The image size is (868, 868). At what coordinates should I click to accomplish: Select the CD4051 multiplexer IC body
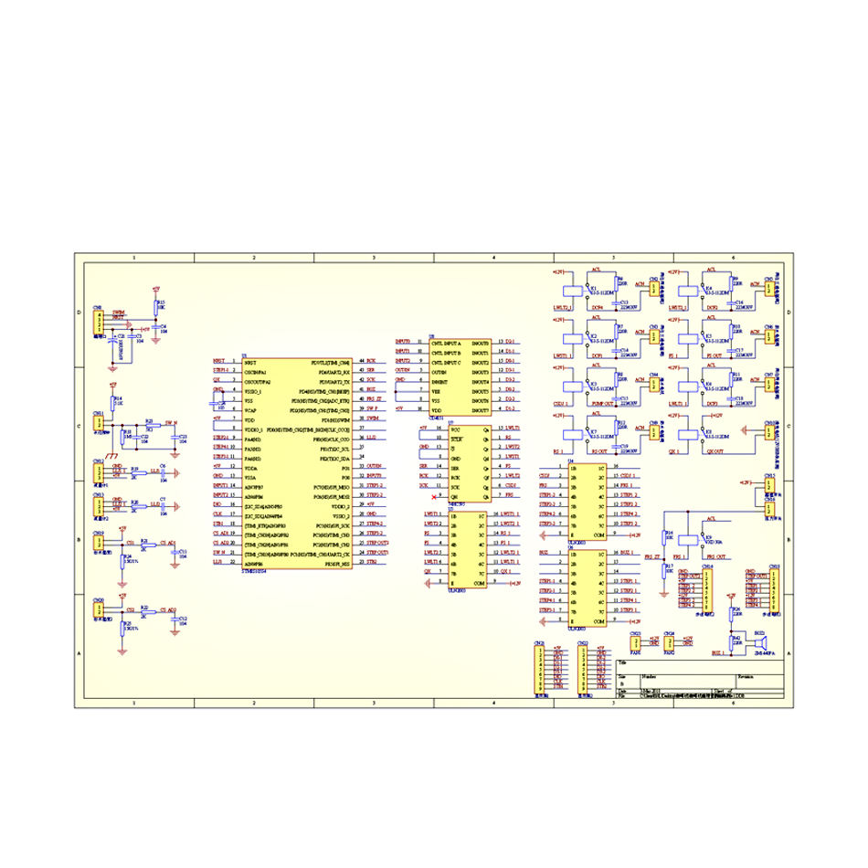pyautogui.click(x=460, y=377)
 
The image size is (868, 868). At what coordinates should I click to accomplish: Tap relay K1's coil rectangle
pyautogui.click(x=568, y=289)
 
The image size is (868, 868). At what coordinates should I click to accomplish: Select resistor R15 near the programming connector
pyautogui.click(x=156, y=306)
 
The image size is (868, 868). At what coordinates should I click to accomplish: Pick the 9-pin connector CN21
pyautogui.click(x=539, y=672)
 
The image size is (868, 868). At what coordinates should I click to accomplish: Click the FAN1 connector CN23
pyautogui.click(x=637, y=644)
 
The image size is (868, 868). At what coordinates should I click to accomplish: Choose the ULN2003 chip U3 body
pyautogui.click(x=468, y=549)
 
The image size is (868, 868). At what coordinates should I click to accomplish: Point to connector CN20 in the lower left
pyautogui.click(x=99, y=611)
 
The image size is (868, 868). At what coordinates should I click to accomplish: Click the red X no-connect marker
pyautogui.click(x=434, y=496)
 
